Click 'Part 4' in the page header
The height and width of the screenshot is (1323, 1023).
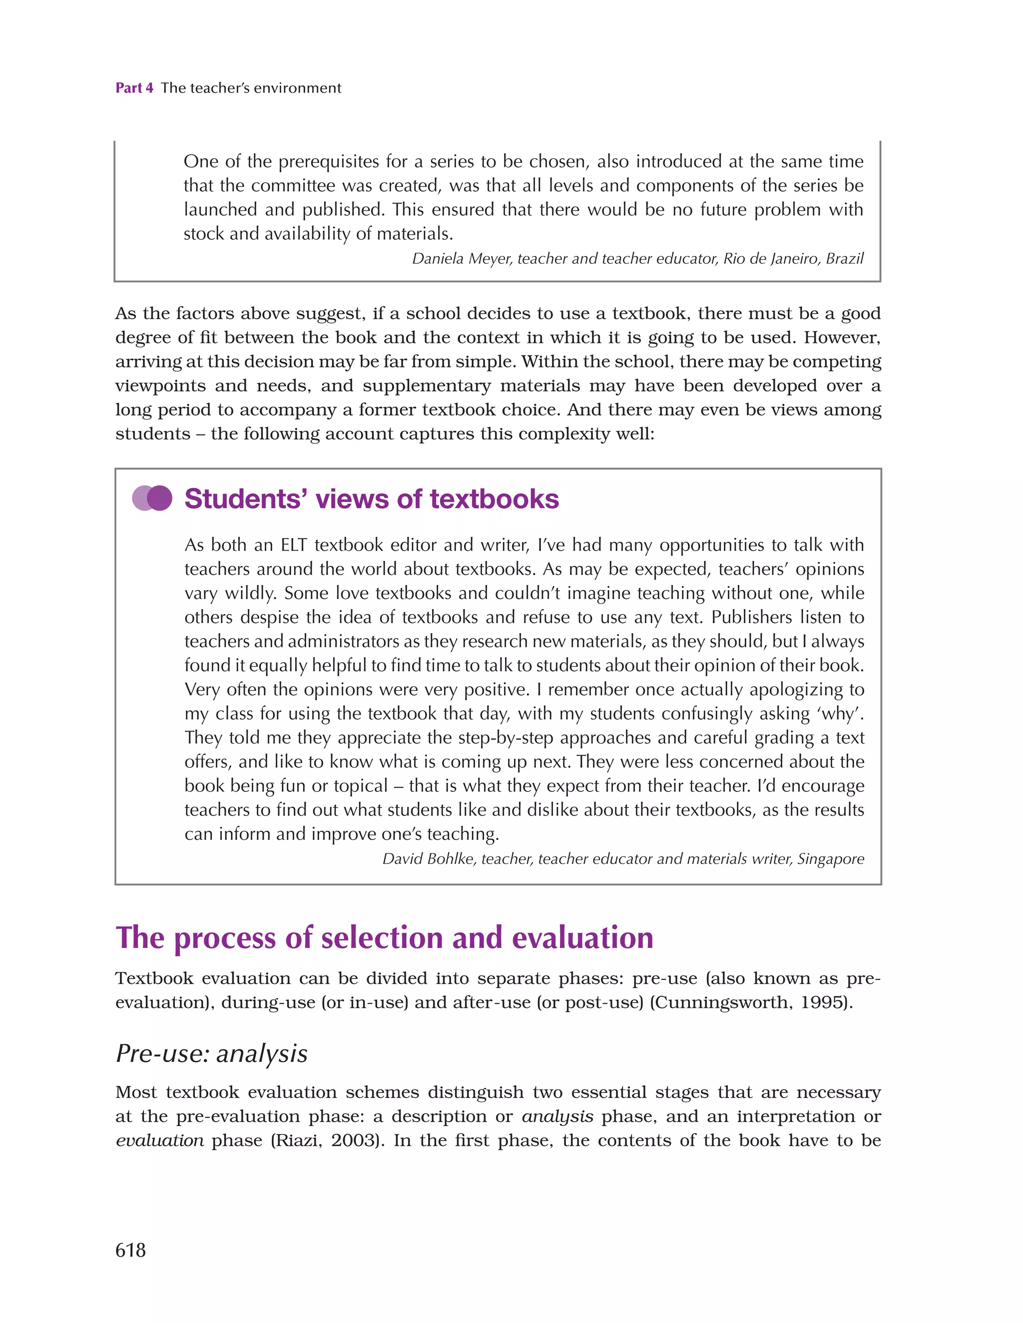click(134, 88)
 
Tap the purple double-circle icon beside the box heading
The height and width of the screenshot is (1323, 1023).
click(152, 498)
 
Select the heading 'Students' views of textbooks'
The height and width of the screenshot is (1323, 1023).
click(371, 499)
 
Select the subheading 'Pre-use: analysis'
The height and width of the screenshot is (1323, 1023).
click(211, 1053)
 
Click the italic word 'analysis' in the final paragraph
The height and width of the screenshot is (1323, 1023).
click(557, 1116)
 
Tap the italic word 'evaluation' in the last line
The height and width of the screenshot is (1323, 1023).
click(159, 1140)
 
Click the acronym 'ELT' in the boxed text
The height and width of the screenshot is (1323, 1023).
click(294, 544)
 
